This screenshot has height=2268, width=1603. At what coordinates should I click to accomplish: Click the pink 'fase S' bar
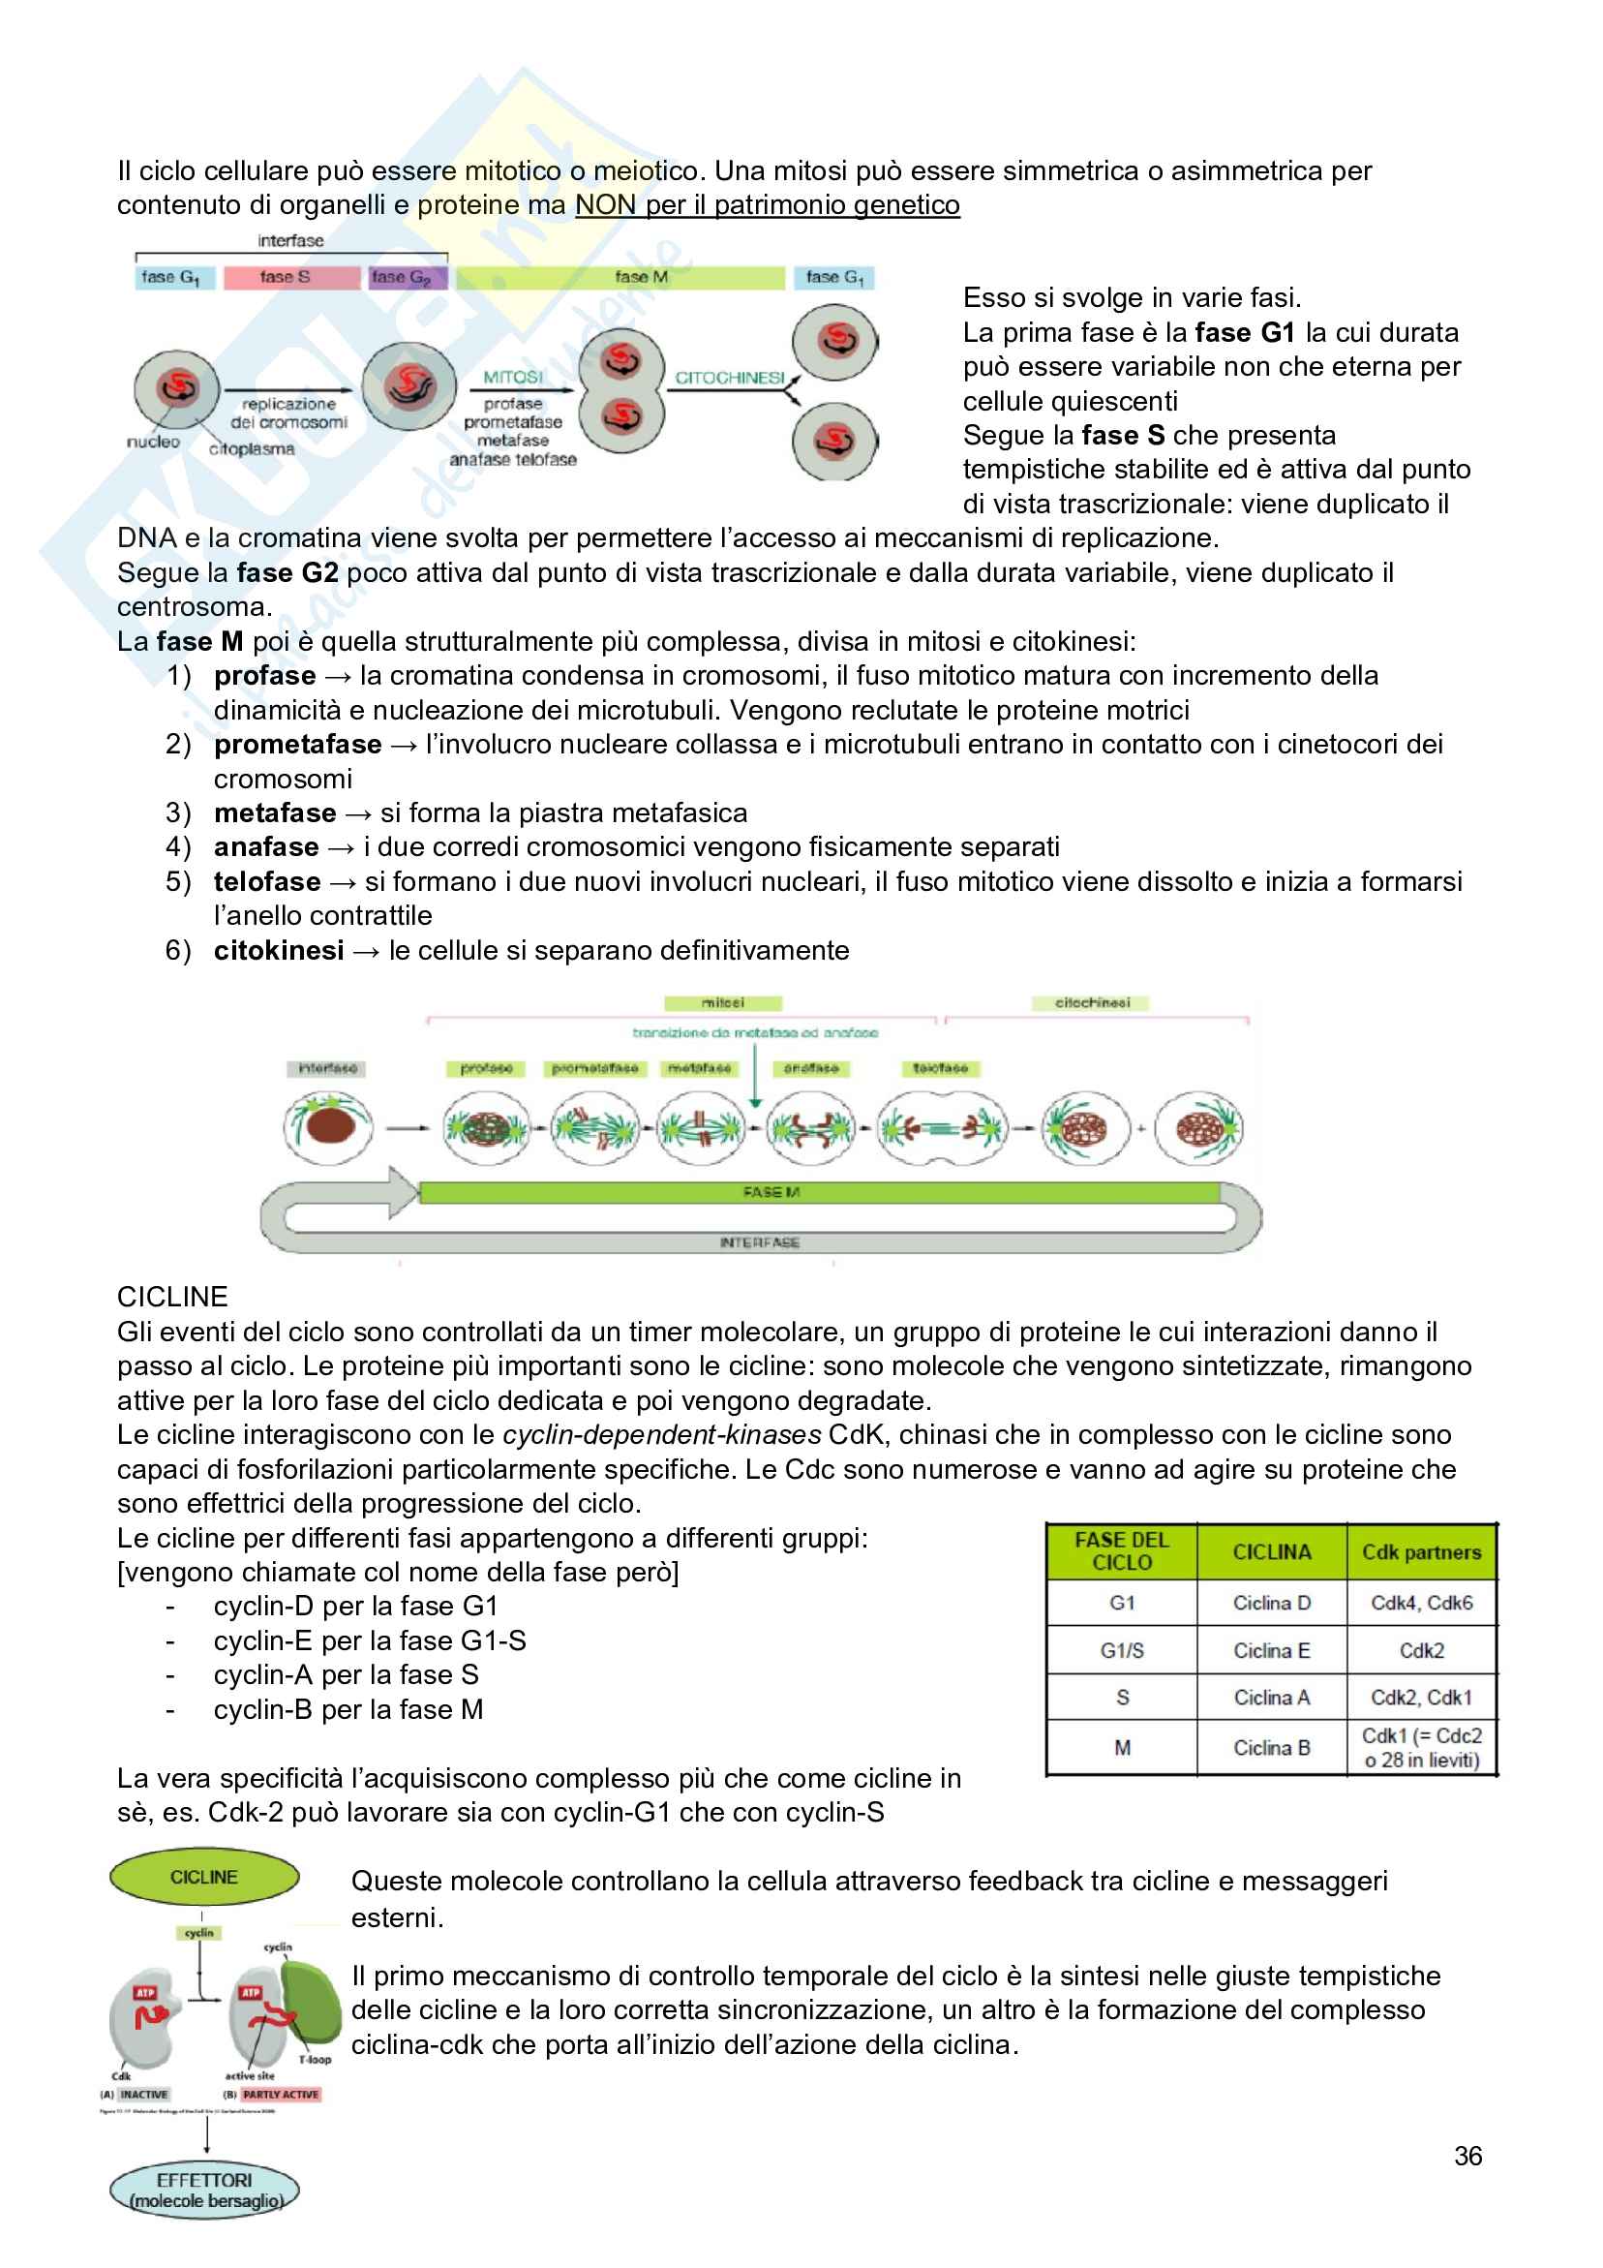pyautogui.click(x=290, y=278)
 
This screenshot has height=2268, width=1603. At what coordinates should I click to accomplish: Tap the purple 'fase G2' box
pyautogui.click(x=407, y=278)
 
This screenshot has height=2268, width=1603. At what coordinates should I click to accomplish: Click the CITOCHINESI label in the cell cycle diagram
pyautogui.click(x=730, y=378)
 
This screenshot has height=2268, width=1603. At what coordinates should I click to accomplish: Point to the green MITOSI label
pyautogui.click(x=513, y=378)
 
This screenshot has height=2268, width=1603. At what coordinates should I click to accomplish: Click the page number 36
pyautogui.click(x=1467, y=2157)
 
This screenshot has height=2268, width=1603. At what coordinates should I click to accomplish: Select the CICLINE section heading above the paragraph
pyautogui.click(x=172, y=1297)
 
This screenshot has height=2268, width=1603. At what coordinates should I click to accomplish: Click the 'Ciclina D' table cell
pyautogui.click(x=1271, y=1604)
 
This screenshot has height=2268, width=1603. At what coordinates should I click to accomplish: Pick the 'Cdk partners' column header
pyautogui.click(x=1421, y=1551)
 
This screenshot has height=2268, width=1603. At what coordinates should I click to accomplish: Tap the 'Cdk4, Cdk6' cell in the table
pyautogui.click(x=1421, y=1604)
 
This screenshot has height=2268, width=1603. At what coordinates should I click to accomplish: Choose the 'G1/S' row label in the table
pyautogui.click(x=1122, y=1650)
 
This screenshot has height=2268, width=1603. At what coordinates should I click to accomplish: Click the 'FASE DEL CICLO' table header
pyautogui.click(x=1122, y=1551)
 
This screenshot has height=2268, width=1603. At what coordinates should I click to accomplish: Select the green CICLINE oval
pyautogui.click(x=204, y=1877)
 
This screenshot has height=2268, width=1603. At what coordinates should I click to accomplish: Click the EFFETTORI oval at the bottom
pyautogui.click(x=204, y=2190)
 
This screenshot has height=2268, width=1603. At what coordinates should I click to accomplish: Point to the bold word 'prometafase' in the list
pyautogui.click(x=297, y=745)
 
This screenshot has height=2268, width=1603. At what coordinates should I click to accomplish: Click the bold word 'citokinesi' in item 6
pyautogui.click(x=279, y=950)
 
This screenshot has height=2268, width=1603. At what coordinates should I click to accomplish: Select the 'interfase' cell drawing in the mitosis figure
pyautogui.click(x=328, y=1127)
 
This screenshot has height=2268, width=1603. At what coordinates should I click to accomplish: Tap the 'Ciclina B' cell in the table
pyautogui.click(x=1271, y=1747)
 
